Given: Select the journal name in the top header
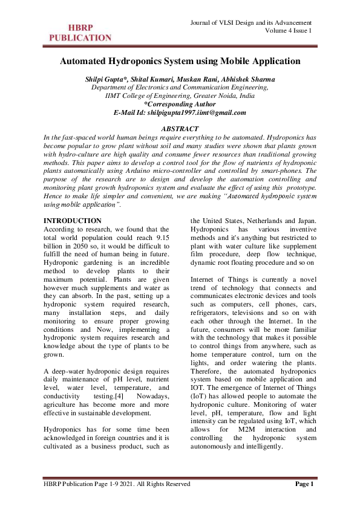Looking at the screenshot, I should pyautogui.click(x=252, y=22).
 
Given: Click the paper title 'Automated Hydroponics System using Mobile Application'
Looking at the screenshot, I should pyautogui.click(x=180, y=61).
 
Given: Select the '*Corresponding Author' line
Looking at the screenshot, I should pyautogui.click(x=180, y=104).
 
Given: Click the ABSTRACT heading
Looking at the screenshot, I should pyautogui.click(x=180, y=129).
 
